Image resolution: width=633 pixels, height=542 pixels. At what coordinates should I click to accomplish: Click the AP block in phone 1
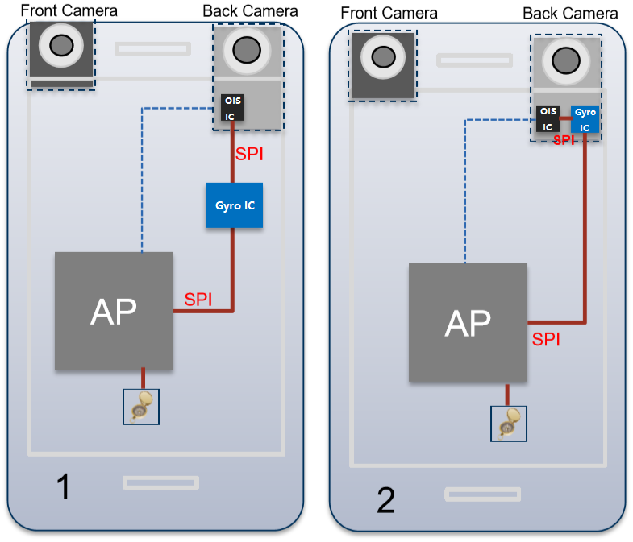coord(114,311)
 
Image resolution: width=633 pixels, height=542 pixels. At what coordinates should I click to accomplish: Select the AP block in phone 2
coord(469,322)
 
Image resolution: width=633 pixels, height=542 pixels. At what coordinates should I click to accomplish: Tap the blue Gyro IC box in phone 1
coord(235,205)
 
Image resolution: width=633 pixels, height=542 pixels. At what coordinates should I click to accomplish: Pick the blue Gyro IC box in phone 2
coord(585,119)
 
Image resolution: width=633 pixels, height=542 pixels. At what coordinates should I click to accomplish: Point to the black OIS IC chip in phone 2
coord(548,119)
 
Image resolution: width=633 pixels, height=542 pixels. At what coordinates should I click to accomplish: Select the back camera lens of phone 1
coord(247,50)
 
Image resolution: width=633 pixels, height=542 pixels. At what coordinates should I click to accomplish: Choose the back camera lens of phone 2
coord(568,60)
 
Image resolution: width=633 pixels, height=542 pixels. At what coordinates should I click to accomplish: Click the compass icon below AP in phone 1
coord(141,407)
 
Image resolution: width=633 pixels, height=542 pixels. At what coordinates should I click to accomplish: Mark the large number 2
coord(386,501)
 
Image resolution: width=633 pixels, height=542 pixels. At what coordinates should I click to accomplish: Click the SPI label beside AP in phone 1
coord(198,300)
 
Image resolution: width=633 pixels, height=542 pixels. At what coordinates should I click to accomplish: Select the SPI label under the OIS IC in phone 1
coord(249,153)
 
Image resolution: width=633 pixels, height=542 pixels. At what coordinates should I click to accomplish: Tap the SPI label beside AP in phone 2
coord(546,340)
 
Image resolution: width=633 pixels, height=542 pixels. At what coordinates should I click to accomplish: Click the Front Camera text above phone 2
coord(389,14)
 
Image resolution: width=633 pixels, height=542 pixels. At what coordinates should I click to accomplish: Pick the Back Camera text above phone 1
coord(250,11)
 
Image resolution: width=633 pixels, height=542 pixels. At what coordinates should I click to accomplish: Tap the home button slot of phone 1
coord(160,482)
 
